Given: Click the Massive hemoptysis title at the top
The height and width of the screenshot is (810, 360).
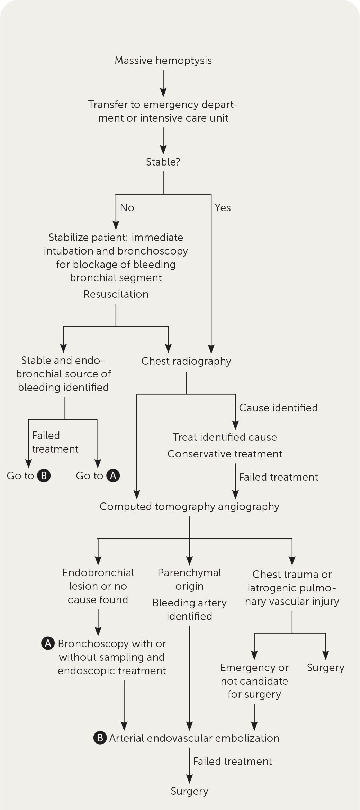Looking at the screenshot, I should point(163,61).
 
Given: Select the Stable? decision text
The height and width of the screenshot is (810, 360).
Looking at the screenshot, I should point(163,162).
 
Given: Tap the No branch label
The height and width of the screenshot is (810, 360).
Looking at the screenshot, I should point(127,208).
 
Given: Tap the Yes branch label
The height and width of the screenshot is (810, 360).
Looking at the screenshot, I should point(223,208).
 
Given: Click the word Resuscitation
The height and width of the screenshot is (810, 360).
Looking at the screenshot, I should point(116,294).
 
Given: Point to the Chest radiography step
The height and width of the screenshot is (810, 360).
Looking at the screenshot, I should point(186,361).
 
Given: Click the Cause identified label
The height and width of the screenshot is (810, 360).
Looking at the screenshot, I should point(278,408).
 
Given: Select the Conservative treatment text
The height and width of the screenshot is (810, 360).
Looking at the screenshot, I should point(225,454).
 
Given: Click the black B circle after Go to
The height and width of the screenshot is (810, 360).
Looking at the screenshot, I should point(44,476).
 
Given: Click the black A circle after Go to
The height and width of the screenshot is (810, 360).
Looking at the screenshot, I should point(113,476).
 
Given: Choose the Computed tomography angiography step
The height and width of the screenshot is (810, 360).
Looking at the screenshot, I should point(189,507).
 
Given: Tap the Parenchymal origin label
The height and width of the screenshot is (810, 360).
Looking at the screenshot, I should point(189,579).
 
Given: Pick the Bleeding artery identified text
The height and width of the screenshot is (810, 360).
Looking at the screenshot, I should point(189,609).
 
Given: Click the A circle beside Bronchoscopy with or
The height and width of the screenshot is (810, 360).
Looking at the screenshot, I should point(48,643).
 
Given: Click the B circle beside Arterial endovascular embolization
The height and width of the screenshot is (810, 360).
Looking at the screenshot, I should point(100,738).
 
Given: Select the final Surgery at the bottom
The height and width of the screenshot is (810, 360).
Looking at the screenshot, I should point(189,791).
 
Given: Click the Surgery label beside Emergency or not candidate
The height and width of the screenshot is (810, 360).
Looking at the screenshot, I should point(325,668).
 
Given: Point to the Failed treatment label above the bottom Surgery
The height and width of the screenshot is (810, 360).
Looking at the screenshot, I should point(233,762).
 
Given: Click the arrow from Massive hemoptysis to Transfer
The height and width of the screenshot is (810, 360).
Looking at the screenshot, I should point(163,83).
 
